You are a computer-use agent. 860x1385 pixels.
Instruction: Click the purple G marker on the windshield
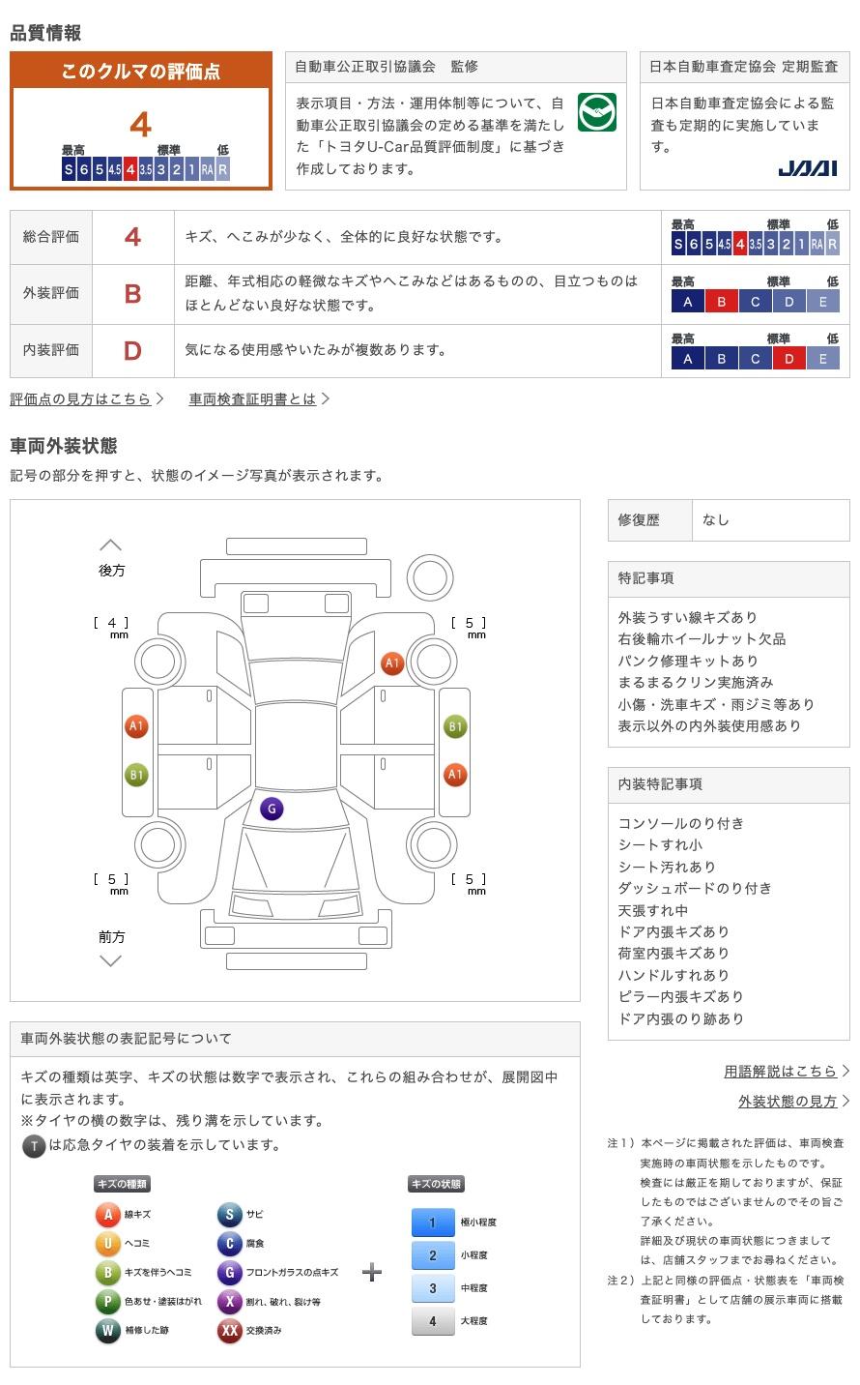click(272, 809)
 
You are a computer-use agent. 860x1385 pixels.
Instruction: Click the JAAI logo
click(807, 168)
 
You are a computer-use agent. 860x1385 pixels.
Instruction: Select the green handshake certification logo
click(596, 112)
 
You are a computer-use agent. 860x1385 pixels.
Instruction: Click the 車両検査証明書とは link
click(252, 398)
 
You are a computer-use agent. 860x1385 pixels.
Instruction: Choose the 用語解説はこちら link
click(780, 1071)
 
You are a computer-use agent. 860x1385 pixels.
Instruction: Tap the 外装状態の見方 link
click(788, 1101)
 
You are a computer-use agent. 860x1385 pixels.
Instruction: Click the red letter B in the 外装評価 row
click(133, 293)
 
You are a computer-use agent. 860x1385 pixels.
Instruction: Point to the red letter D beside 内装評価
click(133, 350)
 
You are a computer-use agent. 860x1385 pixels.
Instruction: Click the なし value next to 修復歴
click(716, 520)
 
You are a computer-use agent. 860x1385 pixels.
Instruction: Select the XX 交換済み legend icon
click(229, 1331)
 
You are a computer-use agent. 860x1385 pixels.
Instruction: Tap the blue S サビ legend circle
click(229, 1215)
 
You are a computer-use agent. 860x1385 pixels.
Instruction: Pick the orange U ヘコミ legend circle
click(107, 1244)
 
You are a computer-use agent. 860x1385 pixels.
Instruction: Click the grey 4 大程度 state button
click(432, 1321)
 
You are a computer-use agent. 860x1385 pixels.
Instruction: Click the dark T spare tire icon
click(34, 1146)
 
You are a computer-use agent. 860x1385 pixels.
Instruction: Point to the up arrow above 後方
click(111, 545)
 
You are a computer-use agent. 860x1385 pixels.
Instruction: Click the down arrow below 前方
click(111, 960)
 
